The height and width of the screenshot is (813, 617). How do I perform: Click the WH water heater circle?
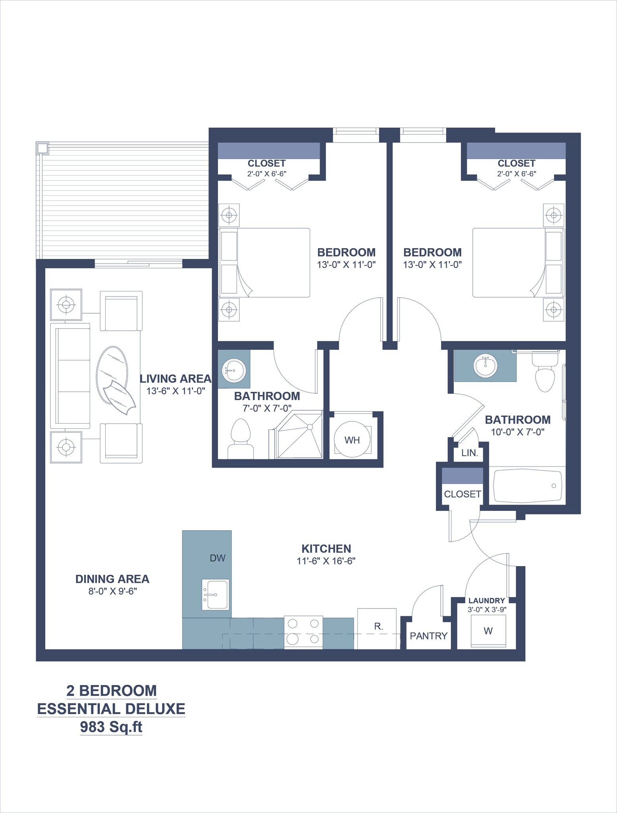coord(352,439)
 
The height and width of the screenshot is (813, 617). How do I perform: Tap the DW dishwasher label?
coord(218,558)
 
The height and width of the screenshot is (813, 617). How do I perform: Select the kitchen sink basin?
coord(215,594)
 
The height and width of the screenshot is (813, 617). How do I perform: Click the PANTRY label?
coord(428,636)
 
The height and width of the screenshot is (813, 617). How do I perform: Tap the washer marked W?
coord(488,631)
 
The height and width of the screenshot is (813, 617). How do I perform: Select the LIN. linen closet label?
coord(470,453)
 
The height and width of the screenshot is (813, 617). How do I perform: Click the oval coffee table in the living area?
coord(113,370)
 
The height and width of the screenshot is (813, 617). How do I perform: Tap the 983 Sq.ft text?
coord(111,727)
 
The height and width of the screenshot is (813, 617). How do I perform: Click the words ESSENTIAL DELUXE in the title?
coord(111,709)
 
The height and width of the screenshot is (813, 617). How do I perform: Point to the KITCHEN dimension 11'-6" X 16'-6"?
coord(326,561)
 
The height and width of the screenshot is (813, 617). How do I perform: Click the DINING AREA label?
coord(112,579)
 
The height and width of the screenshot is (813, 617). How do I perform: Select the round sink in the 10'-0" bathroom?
coord(485,365)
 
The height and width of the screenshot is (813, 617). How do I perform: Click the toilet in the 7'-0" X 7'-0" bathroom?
coord(241,439)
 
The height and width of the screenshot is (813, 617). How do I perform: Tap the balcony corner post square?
coord(42,148)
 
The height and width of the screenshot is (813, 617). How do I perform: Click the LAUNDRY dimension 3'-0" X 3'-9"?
coord(487,608)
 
